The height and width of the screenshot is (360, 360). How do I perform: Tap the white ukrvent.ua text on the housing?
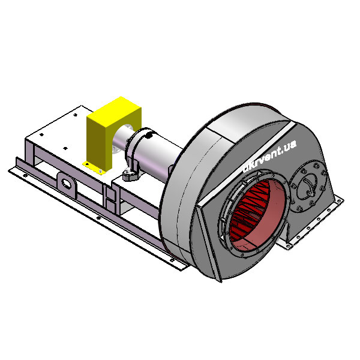tap(269, 156)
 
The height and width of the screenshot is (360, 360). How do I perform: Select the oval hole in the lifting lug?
tap(67, 183)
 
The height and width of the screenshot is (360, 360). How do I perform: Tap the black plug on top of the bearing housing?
tap(149, 136)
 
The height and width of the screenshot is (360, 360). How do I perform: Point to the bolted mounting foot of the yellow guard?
tap(94, 167)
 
